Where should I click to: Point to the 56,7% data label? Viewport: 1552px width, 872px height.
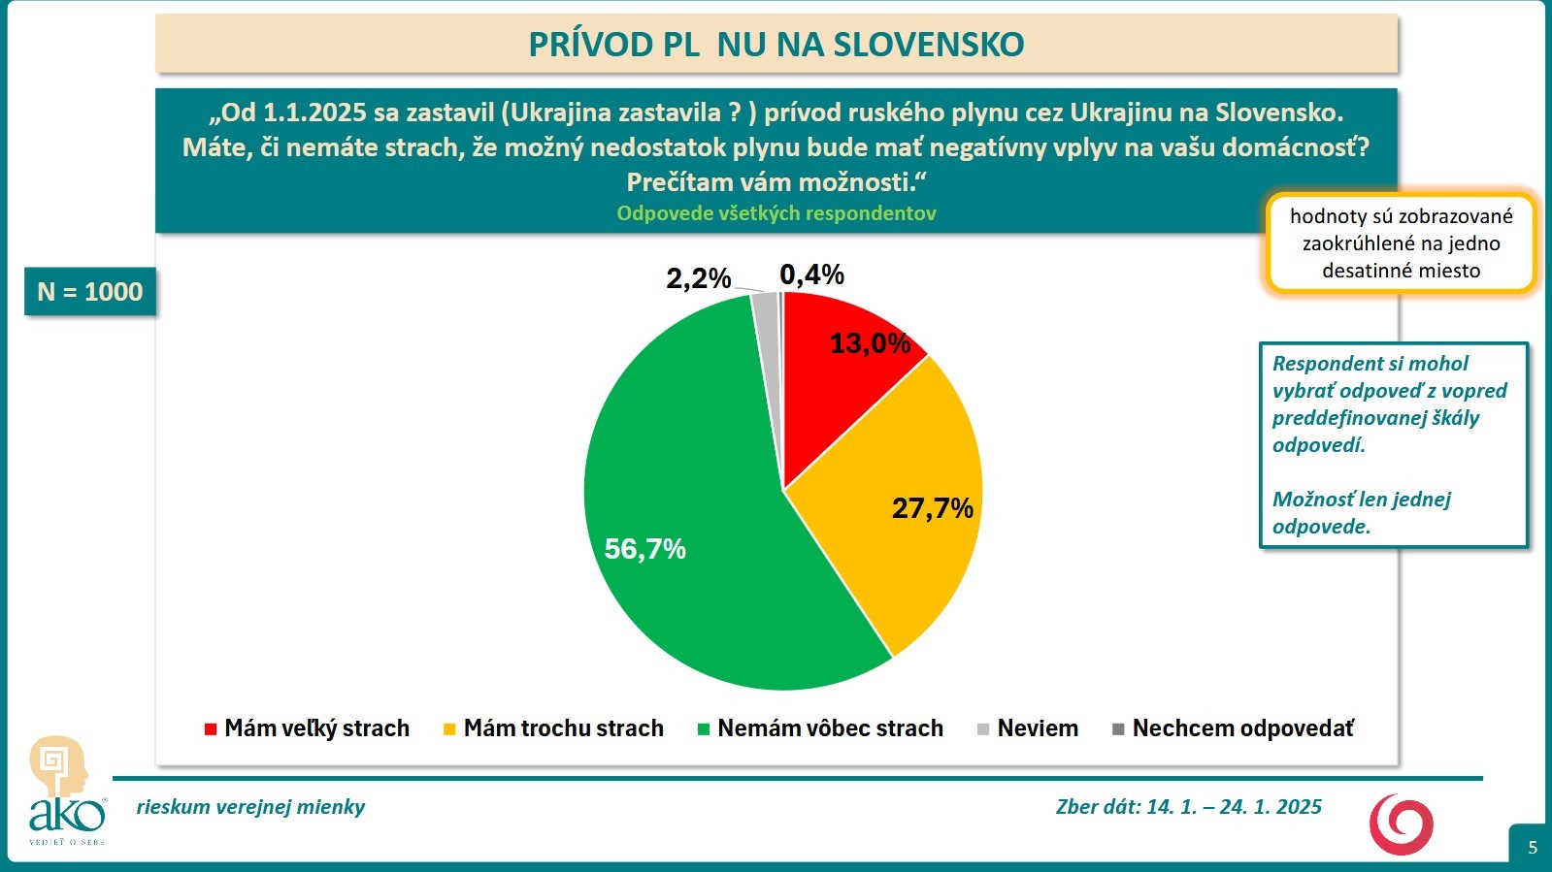[644, 549]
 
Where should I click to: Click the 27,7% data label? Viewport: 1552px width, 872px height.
[932, 508]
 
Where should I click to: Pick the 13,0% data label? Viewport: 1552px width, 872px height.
[870, 343]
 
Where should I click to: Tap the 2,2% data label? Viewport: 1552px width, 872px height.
[698, 279]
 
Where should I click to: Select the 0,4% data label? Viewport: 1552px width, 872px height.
[811, 275]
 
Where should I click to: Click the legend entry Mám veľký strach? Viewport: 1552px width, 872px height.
[308, 728]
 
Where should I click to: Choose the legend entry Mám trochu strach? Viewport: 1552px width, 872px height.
[553, 728]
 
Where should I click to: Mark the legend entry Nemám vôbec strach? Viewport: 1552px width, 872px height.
[820, 728]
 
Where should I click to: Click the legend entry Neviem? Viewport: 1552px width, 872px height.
[1028, 728]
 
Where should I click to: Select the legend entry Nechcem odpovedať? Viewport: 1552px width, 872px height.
[1233, 728]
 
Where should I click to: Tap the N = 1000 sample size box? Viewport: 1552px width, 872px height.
[90, 292]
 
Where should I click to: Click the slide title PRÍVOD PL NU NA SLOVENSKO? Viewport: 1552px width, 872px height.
[776, 45]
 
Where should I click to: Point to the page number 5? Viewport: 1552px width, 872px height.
[1533, 848]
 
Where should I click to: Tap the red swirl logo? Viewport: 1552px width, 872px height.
[1401, 824]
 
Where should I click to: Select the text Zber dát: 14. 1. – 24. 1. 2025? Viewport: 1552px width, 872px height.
[1188, 807]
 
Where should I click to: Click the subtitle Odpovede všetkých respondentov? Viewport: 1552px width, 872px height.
[776, 213]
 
